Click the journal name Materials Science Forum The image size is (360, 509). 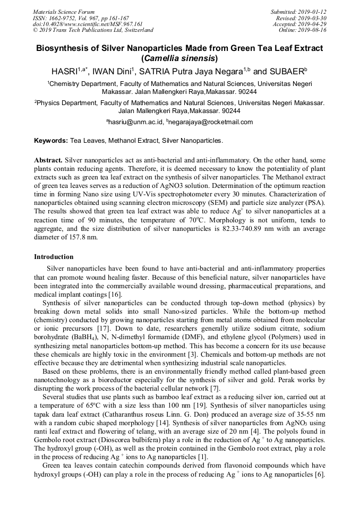click(x=64, y=12)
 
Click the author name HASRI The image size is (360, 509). click(x=64, y=71)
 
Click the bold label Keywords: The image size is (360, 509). click(x=51, y=141)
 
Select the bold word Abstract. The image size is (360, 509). click(x=48, y=160)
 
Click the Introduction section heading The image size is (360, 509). click(x=54, y=257)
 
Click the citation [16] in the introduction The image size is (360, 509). click(x=115, y=295)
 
